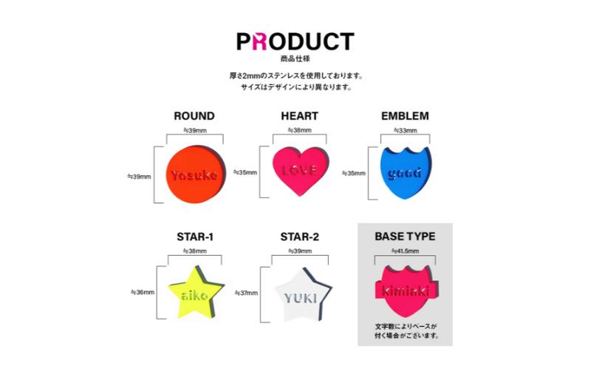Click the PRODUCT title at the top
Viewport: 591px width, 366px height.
295,41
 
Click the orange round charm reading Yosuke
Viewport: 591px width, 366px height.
194,174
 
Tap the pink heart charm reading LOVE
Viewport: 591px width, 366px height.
300,171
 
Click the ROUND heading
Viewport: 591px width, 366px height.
194,116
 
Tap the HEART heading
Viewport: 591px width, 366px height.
299,116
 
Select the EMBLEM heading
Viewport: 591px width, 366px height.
405,116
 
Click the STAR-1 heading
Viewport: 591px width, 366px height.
195,237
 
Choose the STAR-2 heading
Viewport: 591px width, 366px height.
300,237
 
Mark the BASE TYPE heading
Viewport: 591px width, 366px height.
405,237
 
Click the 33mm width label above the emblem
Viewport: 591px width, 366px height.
404,130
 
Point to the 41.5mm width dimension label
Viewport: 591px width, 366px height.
404,251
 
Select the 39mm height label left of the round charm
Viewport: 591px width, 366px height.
140,177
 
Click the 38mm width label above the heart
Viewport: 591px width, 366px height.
300,130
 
